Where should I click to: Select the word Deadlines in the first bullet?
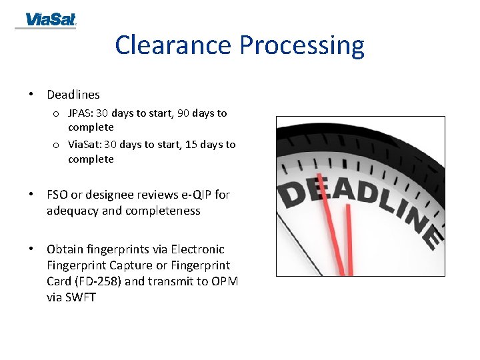pos(73,95)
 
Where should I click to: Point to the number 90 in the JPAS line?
pos(183,113)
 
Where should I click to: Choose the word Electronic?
pos(197,249)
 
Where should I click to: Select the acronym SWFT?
pos(81,297)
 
